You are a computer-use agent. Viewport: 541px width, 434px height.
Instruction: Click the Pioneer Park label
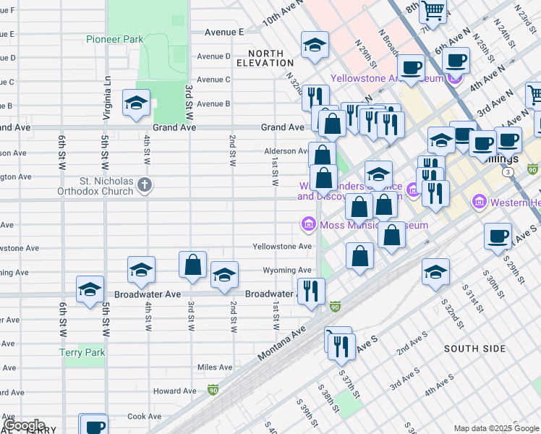(114, 39)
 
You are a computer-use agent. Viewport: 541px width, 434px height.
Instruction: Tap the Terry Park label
(82, 352)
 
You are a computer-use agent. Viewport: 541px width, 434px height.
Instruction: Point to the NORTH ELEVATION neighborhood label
(270, 58)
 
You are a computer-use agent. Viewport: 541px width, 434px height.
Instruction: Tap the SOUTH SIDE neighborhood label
(474, 349)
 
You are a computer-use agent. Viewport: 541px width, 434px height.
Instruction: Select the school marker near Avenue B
(136, 104)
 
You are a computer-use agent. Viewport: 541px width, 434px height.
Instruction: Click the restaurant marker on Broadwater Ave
(312, 291)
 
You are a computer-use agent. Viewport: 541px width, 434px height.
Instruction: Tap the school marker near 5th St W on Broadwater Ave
(90, 290)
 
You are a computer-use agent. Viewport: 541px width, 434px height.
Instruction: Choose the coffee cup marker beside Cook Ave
(94, 427)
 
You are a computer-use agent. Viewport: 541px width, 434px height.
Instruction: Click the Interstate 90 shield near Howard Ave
(213, 390)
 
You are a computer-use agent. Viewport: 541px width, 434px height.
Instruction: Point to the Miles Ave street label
(215, 367)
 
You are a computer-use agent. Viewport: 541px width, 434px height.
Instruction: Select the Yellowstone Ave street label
(282, 247)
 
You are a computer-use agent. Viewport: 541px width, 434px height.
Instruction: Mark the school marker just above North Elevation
(315, 46)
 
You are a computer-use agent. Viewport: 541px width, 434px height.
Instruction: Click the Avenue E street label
(224, 32)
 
